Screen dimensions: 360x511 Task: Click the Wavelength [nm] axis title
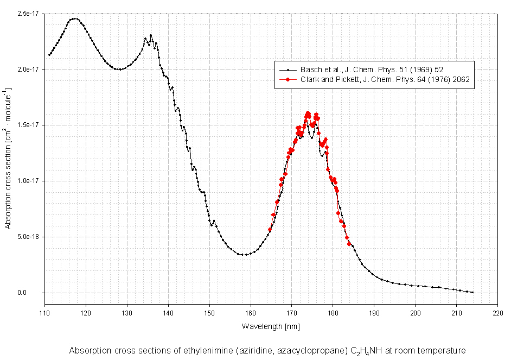[270, 326]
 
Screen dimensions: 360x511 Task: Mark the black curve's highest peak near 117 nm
[74, 18]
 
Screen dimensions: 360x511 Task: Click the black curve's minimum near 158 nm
[244, 255]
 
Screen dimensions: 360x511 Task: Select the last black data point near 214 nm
[472, 292]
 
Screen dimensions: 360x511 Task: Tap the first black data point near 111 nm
[49, 55]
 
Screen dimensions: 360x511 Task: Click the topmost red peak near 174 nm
[308, 113]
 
